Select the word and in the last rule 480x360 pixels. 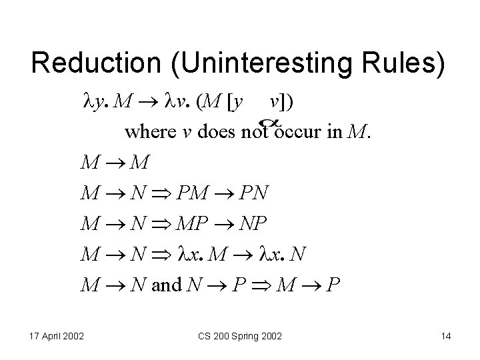[x=167, y=286]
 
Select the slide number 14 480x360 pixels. [x=445, y=337]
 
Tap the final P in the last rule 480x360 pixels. [x=335, y=286]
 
